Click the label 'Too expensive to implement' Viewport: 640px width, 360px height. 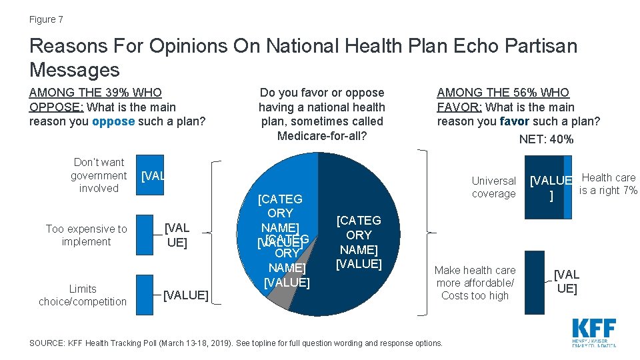(x=86, y=235)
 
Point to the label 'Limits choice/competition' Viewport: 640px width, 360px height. (x=82, y=295)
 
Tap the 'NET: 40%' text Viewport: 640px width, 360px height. (x=546, y=139)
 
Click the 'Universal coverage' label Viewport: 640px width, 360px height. (x=493, y=187)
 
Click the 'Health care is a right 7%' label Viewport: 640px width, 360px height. (x=607, y=184)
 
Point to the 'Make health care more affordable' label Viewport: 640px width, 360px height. (x=475, y=283)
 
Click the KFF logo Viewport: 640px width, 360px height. (x=593, y=331)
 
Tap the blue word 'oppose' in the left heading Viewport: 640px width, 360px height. (x=113, y=121)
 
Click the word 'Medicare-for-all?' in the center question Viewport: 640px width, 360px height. (x=321, y=136)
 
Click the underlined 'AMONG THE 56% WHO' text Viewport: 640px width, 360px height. (x=503, y=93)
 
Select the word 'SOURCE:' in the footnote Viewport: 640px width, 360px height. (x=45, y=343)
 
